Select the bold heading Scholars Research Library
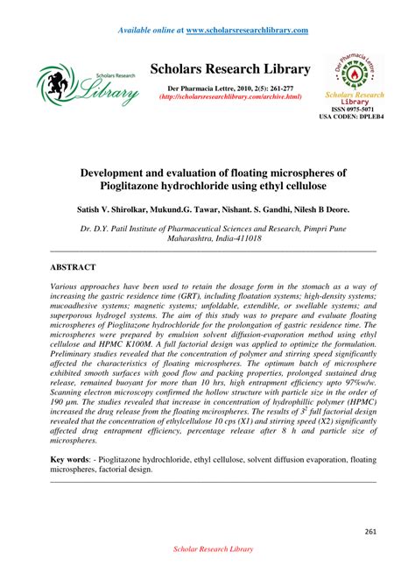(x=230, y=69)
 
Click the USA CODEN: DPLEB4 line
(x=351, y=116)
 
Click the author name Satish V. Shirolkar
(x=118, y=212)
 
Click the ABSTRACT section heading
(x=73, y=265)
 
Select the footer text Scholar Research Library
(x=207, y=549)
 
